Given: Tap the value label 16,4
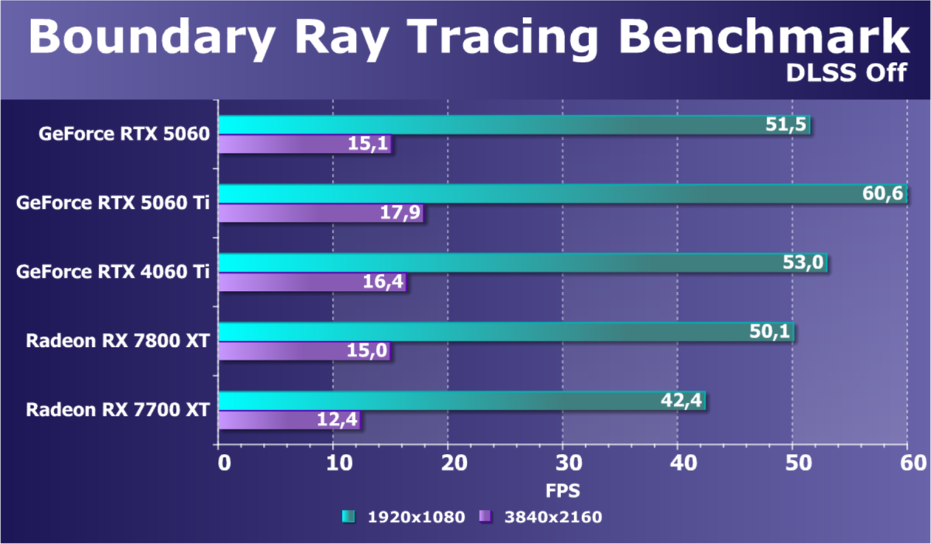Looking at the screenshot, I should pos(383,282).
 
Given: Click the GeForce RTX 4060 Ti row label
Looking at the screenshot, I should pos(113,272).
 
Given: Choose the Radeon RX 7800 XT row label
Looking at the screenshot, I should pos(118,341).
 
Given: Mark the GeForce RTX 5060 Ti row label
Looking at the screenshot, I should pos(113,204).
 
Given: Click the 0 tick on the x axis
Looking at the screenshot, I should pos(223,463).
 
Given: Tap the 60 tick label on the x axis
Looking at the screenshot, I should pos(906,463).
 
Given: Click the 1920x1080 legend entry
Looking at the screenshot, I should pos(403,517).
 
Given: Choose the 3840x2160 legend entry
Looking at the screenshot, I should pos(541,517).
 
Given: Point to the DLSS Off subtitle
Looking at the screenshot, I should pos(847,73).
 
